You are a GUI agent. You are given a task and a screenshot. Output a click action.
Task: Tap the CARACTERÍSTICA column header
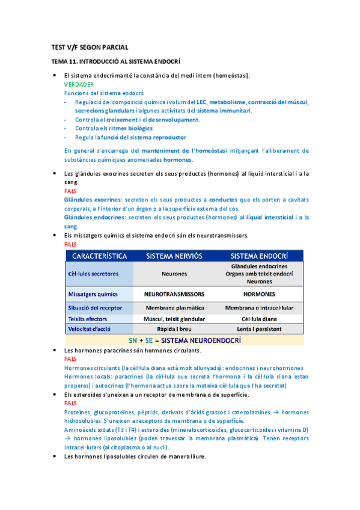100,256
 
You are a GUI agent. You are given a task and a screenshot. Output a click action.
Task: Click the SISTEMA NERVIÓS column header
174,256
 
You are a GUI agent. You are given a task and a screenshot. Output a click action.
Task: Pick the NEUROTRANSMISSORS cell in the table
174,295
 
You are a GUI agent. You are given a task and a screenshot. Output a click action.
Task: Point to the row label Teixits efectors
88,319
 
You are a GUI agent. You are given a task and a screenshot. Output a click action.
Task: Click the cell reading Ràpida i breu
174,330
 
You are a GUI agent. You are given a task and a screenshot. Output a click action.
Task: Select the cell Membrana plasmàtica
174,308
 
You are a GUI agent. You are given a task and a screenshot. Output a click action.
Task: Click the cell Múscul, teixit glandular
174,319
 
